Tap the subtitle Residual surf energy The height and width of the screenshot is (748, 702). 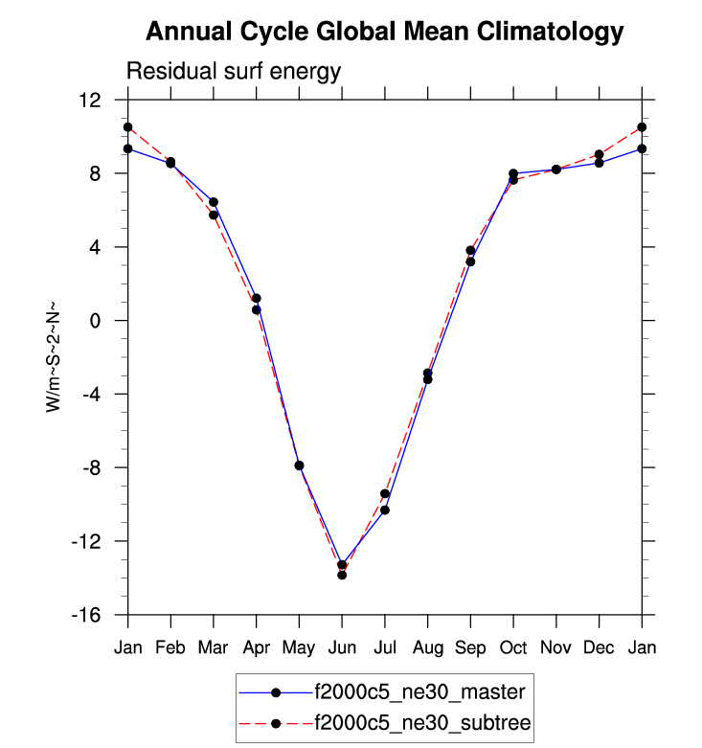(x=234, y=72)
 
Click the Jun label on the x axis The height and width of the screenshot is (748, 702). (x=342, y=647)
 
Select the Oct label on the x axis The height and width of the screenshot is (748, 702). (x=513, y=647)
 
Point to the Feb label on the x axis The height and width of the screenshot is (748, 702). (x=170, y=647)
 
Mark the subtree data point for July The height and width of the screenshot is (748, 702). (x=385, y=494)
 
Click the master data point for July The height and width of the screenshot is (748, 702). (x=385, y=510)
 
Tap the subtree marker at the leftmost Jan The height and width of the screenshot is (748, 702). (x=127, y=127)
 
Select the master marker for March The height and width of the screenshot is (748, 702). (x=214, y=202)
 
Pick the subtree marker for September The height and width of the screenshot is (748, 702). (x=470, y=251)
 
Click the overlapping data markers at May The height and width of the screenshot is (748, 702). (x=299, y=465)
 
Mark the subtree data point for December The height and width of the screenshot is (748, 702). (x=599, y=154)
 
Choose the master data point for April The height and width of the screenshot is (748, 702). (x=257, y=299)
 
